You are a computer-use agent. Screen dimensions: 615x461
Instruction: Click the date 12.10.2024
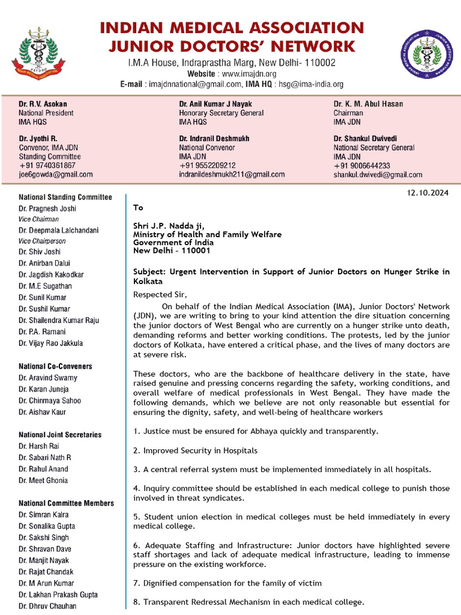427,193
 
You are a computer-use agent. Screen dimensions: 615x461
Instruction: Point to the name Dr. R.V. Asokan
43,104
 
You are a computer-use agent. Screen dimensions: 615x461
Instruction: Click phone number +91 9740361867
47,165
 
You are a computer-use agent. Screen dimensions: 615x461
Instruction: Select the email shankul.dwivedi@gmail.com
378,175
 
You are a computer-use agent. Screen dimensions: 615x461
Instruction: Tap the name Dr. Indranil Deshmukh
214,138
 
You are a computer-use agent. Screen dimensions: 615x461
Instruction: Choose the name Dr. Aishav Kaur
43,412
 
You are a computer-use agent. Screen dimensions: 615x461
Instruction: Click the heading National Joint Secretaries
60,435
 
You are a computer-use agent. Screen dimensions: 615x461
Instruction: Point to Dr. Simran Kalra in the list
44,515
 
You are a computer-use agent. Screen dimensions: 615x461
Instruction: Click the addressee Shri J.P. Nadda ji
164,226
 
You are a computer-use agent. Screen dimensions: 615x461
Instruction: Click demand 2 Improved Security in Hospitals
195,450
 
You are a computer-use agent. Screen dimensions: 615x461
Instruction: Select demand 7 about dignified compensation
227,583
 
